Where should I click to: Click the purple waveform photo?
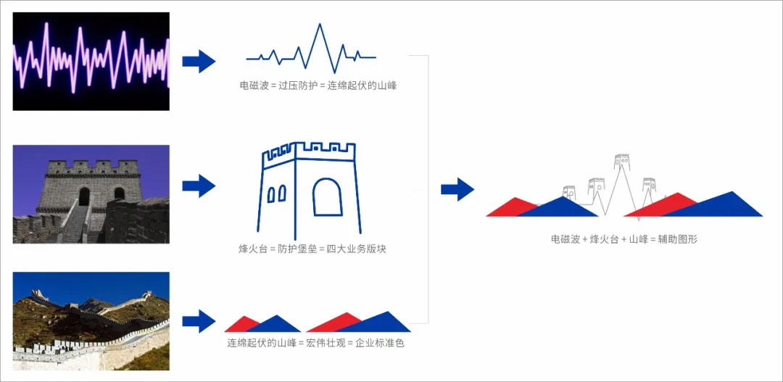91,62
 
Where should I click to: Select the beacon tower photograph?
91,194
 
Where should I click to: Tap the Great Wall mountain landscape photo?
91,320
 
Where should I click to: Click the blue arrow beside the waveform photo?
198,62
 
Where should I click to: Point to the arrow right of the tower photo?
198,186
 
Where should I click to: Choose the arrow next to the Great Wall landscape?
198,320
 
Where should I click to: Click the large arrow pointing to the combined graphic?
457,190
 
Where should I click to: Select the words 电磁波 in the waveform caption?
253,86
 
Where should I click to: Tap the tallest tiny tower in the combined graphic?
621,161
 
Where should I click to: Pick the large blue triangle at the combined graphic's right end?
725,206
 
